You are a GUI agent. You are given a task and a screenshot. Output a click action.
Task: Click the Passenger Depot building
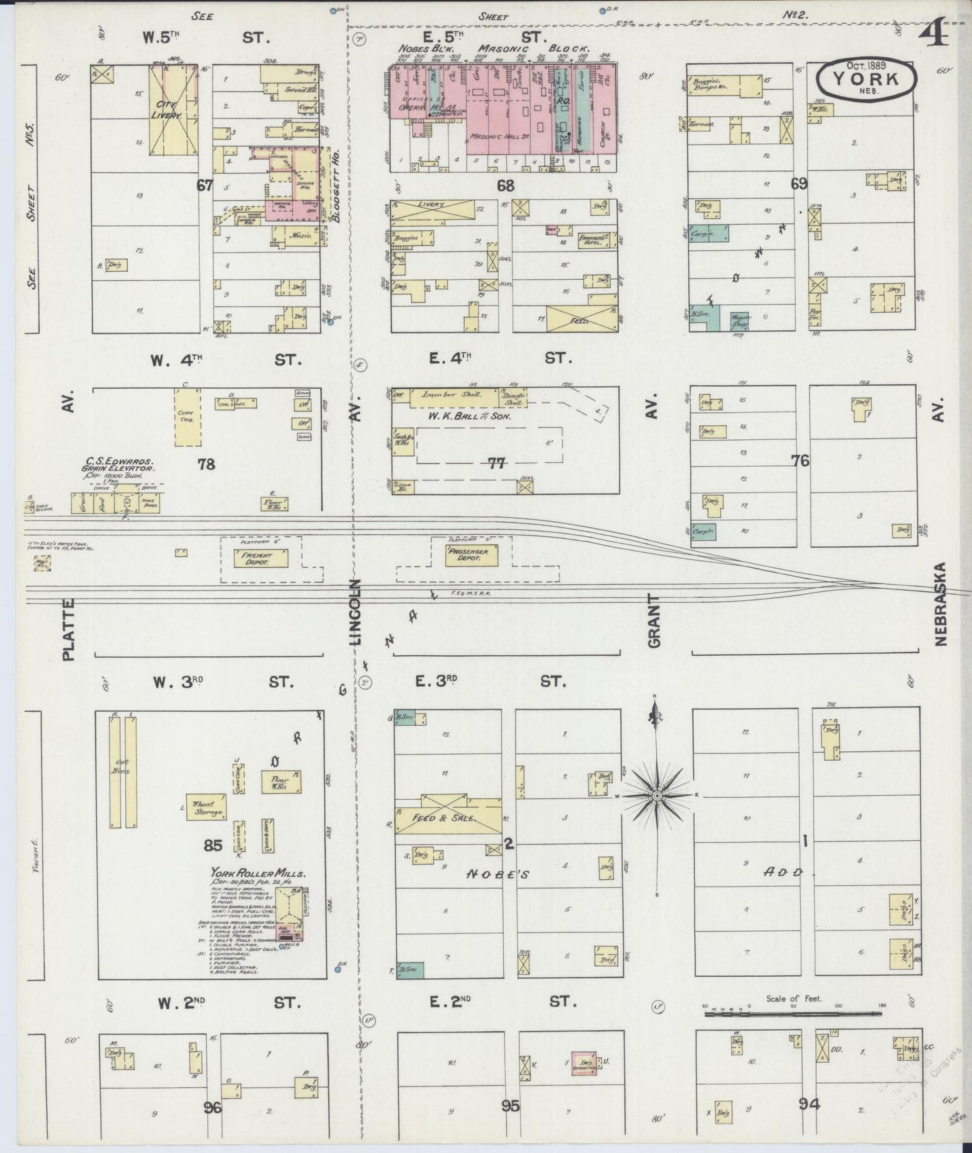tap(470, 556)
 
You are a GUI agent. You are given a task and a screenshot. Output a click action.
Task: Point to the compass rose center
tap(656, 795)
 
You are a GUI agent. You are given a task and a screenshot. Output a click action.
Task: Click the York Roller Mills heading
tap(259, 874)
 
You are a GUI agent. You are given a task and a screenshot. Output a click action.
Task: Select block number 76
tap(800, 461)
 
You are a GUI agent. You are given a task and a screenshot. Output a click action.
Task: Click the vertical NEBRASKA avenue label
tap(940, 604)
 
